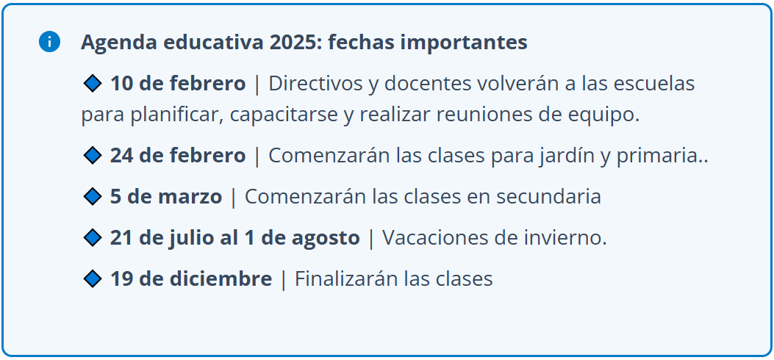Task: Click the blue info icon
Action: pyautogui.click(x=49, y=42)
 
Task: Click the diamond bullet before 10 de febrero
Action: pyautogui.click(x=93, y=84)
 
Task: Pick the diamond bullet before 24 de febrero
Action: pyautogui.click(x=93, y=156)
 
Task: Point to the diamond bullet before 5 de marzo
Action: pyautogui.click(x=93, y=197)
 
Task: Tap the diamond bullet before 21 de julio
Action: pyautogui.click(x=93, y=238)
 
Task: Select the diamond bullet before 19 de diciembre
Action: pyautogui.click(x=93, y=278)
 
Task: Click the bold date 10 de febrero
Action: pyautogui.click(x=178, y=84)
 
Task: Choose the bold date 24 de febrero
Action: pyautogui.click(x=178, y=156)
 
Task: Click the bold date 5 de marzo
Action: pyautogui.click(x=166, y=197)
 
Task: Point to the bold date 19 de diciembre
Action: pyautogui.click(x=190, y=278)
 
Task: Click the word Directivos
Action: pyautogui.click(x=315, y=84)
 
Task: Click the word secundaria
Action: pyautogui.click(x=548, y=197)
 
